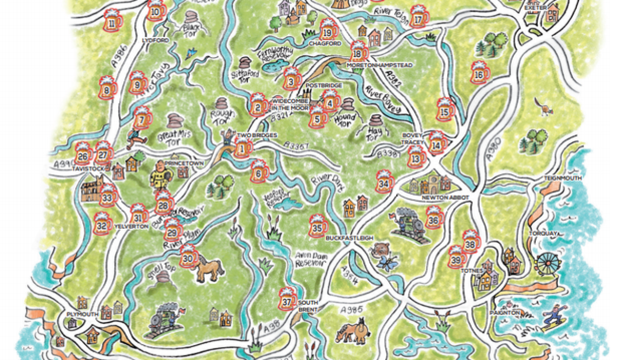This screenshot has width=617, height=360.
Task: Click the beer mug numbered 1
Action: tap(242, 148)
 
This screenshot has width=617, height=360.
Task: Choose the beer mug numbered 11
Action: tap(112, 21)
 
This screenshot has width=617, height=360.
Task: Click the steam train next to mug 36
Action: tap(409, 223)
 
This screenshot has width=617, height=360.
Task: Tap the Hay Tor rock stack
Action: tap(376, 123)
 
